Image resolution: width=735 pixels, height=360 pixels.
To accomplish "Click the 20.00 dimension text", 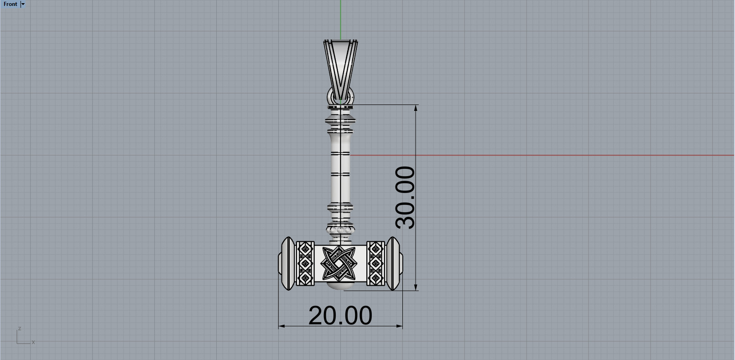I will (340, 316).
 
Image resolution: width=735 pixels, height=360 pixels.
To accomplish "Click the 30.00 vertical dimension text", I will (406, 197).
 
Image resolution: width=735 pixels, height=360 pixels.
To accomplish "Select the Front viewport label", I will (10, 4).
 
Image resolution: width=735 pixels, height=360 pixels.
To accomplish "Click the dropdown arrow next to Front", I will (23, 4).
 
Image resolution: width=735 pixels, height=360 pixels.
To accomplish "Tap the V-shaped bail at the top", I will (340, 66).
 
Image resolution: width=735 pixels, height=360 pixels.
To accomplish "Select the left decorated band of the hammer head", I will (305, 263).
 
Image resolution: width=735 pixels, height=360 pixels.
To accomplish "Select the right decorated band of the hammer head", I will (375, 263).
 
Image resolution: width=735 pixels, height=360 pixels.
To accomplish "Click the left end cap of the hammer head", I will (287, 263).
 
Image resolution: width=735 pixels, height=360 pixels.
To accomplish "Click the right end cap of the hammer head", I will (394, 263).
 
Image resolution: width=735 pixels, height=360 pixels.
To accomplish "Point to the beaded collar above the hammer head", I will (340, 230).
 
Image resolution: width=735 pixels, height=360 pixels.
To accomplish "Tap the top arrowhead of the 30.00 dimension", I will (416, 108).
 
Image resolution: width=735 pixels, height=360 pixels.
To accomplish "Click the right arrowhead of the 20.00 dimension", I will (400, 326).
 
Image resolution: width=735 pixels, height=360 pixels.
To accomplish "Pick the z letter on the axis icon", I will (19, 329).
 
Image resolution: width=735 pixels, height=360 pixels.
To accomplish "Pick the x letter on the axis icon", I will (33, 342).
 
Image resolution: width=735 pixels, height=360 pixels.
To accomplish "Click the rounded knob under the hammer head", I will (341, 287).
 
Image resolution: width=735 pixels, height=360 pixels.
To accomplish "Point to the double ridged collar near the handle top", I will (340, 122).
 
